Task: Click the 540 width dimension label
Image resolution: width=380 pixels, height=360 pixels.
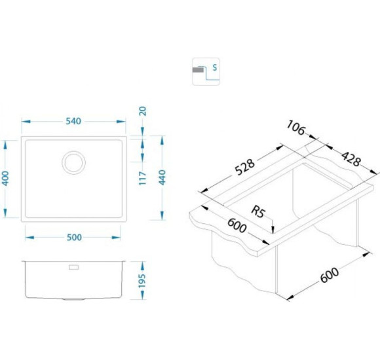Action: coord(73,121)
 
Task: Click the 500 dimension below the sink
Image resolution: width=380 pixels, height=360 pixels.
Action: coord(74,238)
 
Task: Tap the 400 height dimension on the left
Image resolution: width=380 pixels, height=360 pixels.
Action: coord(5,179)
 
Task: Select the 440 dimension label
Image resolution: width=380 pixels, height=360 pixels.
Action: coord(162,177)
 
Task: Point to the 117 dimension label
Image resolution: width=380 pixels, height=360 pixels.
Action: coord(143,179)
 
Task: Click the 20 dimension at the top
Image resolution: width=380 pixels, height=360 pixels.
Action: coord(143,111)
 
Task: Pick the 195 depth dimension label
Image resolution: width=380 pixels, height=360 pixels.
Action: coord(142,281)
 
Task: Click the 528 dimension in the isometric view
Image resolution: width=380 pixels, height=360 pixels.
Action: coord(245,167)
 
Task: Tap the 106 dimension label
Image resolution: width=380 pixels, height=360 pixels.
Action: coord(295,128)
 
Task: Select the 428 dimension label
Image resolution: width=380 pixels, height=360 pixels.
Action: coord(351,159)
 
